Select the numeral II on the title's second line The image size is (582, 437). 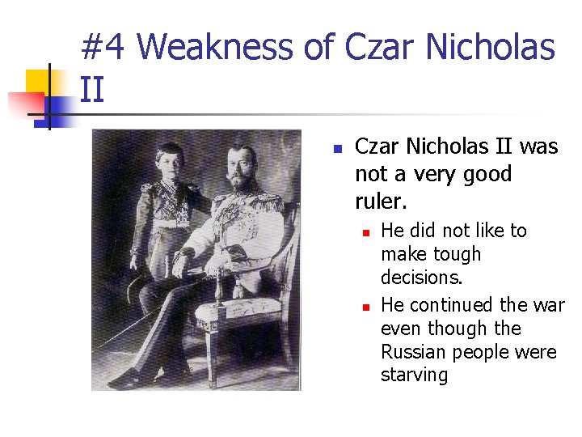tap(92, 88)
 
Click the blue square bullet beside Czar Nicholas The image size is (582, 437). tap(338, 149)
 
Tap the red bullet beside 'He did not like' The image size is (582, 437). tap(365, 232)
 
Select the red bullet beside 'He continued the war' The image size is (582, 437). tap(365, 307)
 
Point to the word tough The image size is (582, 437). tap(449, 254)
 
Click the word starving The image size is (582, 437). tap(414, 375)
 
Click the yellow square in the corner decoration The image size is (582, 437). tap(39, 82)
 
